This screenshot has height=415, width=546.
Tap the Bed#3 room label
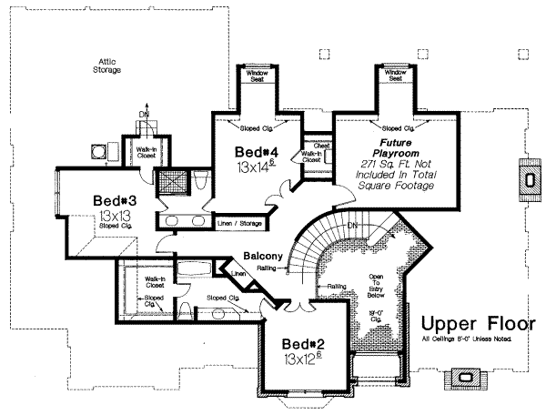click(x=116, y=201)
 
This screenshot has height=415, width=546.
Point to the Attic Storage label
click(x=107, y=66)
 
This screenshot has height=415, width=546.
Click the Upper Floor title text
click(x=478, y=325)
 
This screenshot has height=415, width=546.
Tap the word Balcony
click(x=261, y=257)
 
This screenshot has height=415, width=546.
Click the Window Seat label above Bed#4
click(x=252, y=76)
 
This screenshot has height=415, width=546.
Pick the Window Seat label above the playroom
click(x=397, y=76)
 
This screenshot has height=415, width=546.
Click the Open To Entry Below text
click(x=375, y=287)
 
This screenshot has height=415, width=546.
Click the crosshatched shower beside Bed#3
click(x=171, y=182)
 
